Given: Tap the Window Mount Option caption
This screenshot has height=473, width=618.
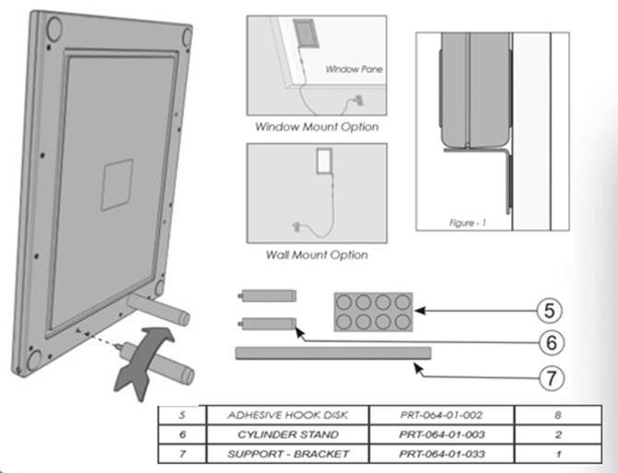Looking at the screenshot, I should point(317,126).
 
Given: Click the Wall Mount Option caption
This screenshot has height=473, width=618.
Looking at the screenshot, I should point(316,254).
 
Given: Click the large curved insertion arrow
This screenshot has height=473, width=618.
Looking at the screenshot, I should point(146,353).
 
